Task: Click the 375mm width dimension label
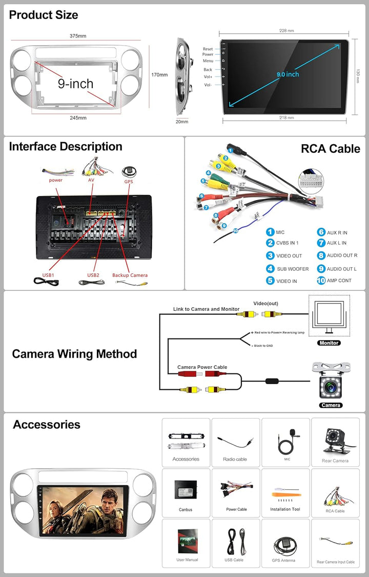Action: click(78, 36)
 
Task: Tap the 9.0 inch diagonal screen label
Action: click(288, 74)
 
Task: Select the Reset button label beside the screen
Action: click(208, 49)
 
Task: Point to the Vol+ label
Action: click(208, 77)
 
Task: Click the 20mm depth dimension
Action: click(182, 122)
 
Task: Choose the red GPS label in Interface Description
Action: click(128, 182)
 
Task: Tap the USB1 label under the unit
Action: click(48, 275)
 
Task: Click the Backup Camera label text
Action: click(130, 275)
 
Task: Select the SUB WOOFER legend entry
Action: click(293, 269)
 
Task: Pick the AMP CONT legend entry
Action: click(339, 281)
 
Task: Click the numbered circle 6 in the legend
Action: click(321, 232)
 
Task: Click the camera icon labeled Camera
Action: click(331, 383)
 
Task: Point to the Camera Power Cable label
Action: click(202, 367)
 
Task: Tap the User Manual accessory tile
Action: click(186, 543)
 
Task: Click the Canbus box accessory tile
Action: click(186, 492)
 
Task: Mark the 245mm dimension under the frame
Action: click(78, 117)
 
